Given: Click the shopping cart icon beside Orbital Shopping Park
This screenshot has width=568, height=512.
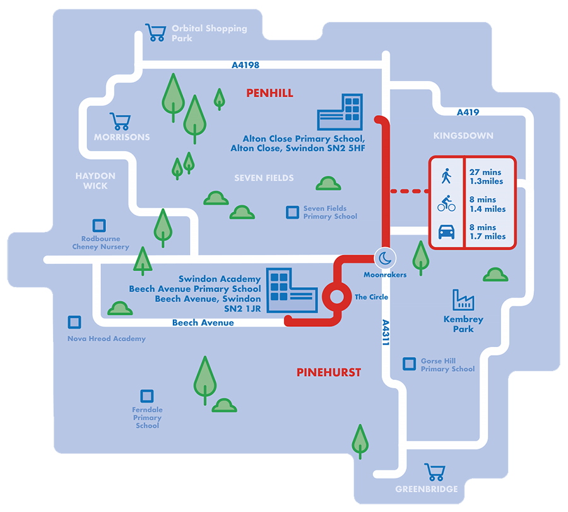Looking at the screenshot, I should click(x=155, y=32).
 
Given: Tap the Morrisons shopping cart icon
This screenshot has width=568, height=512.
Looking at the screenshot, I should click(x=120, y=121).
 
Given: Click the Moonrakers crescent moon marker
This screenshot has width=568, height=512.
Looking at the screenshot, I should click(x=384, y=258).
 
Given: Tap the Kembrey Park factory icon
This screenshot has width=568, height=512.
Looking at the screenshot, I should click(x=463, y=300).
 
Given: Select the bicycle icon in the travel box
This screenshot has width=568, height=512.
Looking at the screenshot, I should click(x=446, y=204).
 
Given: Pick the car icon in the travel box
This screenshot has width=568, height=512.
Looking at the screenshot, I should click(x=446, y=232).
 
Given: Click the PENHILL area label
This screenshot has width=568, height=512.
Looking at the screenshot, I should click(x=269, y=94).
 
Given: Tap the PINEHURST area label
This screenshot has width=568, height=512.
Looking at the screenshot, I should click(x=329, y=372).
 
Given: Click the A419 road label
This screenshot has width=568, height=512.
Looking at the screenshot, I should click(x=468, y=113).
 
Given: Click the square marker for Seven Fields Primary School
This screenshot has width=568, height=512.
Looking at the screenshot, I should click(x=292, y=212).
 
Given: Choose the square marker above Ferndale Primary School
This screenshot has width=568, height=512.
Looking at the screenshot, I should click(x=146, y=396).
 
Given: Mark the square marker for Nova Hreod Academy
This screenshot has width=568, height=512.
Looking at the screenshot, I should click(x=74, y=322).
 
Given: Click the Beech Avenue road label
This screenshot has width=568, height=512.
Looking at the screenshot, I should click(x=203, y=323).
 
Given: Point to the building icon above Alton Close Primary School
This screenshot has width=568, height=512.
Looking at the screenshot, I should click(x=341, y=113).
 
